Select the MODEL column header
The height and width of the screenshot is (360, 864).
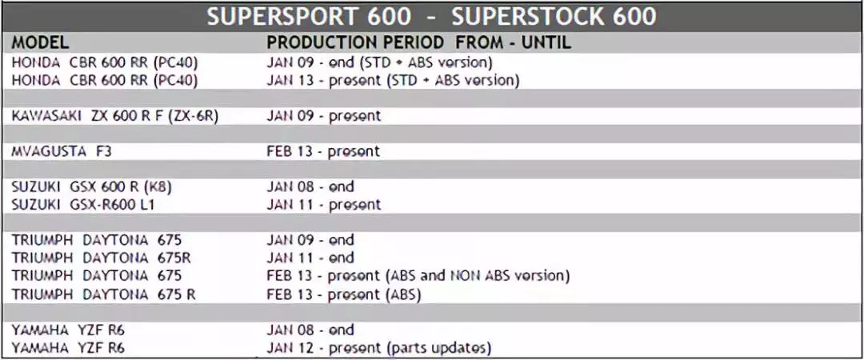40,42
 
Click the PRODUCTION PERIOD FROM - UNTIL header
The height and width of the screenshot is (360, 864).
418,42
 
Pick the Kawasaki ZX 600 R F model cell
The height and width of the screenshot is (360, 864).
116,116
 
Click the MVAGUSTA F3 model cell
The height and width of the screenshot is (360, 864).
61,152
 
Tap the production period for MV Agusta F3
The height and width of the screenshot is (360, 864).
323,152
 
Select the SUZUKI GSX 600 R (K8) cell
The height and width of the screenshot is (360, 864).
92,187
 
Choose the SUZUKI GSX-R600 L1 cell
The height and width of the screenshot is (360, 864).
83,205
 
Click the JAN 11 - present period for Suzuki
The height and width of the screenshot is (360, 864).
324,205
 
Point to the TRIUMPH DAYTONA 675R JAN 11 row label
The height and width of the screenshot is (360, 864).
102,258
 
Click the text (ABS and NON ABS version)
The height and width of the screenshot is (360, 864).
479,275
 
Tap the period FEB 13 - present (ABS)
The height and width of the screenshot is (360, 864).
344,294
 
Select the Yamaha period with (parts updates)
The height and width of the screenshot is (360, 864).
379,348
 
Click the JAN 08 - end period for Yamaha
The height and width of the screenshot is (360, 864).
310,330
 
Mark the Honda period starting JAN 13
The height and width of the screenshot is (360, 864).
394,81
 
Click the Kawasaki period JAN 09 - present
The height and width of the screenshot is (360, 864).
324,116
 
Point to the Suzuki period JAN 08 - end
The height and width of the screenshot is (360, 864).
310,187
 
